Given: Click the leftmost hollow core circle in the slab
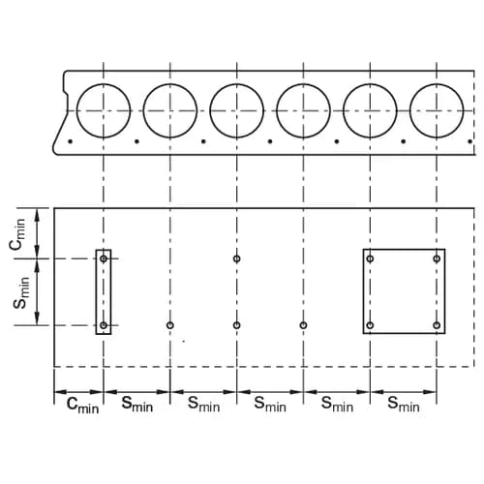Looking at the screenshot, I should (104, 109).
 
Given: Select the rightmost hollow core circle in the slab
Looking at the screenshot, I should (437, 109).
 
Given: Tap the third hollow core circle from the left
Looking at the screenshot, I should (237, 109).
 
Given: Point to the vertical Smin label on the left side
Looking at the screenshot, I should (19, 291).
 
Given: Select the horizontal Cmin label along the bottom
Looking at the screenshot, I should (81, 405).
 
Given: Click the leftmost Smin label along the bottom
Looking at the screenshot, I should (137, 405).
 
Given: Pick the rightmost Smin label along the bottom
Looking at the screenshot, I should (404, 405).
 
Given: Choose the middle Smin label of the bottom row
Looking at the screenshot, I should (270, 405).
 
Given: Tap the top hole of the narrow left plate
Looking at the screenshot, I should (104, 259).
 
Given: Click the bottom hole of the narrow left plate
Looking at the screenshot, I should (104, 325).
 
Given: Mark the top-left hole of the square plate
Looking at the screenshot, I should (371, 258).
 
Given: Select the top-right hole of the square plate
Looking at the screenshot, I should (438, 258).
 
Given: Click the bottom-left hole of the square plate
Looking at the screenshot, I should (371, 325).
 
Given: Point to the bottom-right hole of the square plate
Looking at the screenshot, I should (438, 325).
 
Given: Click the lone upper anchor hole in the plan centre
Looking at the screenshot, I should (237, 258).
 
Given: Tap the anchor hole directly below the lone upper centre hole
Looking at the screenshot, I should (237, 325).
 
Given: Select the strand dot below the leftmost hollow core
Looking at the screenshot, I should (71, 142).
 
